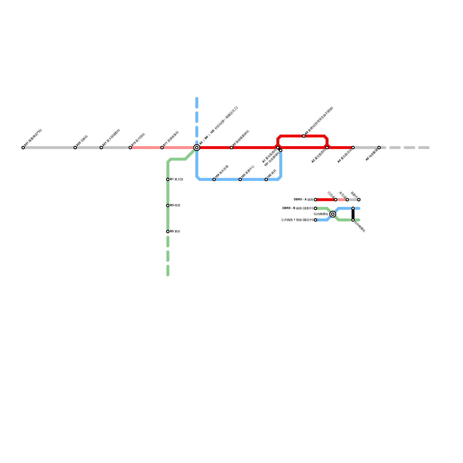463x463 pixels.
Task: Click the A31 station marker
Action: point(23,148)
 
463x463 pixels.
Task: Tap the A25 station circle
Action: point(75,148)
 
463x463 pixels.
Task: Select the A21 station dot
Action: point(101,148)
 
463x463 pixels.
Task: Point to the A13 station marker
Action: point(130,148)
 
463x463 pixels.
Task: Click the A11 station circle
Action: point(162,148)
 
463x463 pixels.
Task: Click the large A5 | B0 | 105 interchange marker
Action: point(197,148)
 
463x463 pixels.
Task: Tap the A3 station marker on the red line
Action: point(231,148)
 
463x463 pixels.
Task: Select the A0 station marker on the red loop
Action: point(304,136)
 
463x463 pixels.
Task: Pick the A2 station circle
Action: point(327,148)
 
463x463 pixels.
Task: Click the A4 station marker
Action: point(353,148)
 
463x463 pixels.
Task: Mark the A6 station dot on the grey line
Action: point(379,148)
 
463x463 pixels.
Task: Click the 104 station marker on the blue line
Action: point(214,179)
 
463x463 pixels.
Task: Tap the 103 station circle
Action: point(240,179)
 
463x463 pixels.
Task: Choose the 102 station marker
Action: point(266,179)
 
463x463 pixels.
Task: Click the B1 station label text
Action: point(177,179)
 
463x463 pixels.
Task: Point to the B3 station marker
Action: point(168,205)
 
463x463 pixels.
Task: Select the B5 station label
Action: point(175,231)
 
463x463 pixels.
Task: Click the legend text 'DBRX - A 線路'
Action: point(303,200)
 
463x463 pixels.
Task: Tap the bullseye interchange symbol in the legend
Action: point(333,214)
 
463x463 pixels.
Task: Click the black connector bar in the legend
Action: point(353,214)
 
